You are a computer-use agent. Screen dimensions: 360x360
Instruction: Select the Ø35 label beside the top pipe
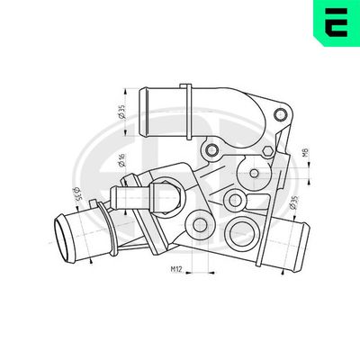coord(121,112)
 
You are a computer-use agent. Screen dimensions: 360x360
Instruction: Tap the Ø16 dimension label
coord(121,162)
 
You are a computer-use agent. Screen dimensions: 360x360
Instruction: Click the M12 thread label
coord(178,268)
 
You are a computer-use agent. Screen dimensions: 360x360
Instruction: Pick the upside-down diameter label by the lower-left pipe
coord(73,195)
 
